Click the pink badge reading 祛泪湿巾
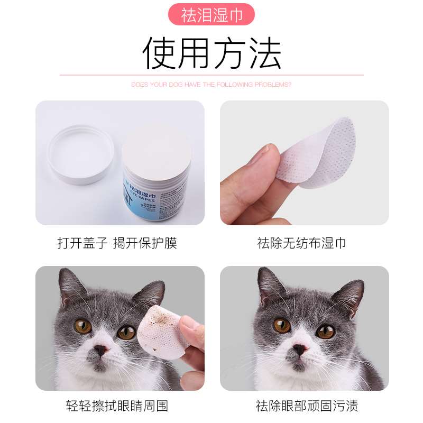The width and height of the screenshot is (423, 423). (212, 14)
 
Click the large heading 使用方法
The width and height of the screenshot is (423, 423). (212, 53)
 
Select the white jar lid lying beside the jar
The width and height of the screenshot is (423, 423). (80, 154)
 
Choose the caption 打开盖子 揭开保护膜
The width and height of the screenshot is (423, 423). (117, 243)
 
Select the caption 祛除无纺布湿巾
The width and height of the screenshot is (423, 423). (301, 243)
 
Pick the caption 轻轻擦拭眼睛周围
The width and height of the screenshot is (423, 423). (117, 406)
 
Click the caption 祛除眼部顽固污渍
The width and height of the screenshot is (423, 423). (307, 406)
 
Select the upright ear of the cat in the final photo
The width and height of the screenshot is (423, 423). (270, 286)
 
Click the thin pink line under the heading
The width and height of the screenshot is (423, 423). (212, 75)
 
